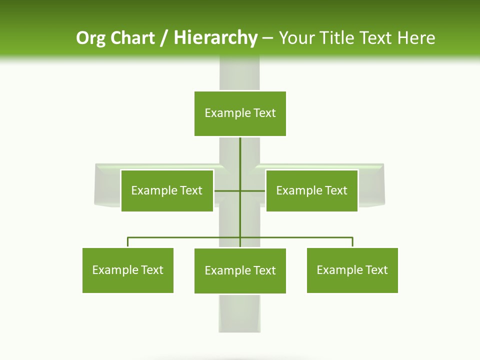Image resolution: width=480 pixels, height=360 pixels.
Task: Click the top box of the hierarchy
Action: tap(240, 113)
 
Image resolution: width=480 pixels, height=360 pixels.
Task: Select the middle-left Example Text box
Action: tap(167, 190)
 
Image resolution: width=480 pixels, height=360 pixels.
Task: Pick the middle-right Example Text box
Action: tap(311, 190)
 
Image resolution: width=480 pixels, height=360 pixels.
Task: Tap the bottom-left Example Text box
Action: tap(128, 270)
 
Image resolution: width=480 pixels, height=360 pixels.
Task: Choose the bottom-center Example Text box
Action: tap(240, 271)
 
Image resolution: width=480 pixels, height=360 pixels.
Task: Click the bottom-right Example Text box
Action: tap(352, 270)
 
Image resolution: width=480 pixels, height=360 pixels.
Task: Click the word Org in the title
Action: tap(90, 38)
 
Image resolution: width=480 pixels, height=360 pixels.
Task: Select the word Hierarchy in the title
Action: tap(215, 38)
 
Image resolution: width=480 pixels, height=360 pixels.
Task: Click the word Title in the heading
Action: tap(336, 38)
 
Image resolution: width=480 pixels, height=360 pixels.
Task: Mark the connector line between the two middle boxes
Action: tap(240, 190)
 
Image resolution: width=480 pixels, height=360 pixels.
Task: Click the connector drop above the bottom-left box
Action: tap(128, 242)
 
